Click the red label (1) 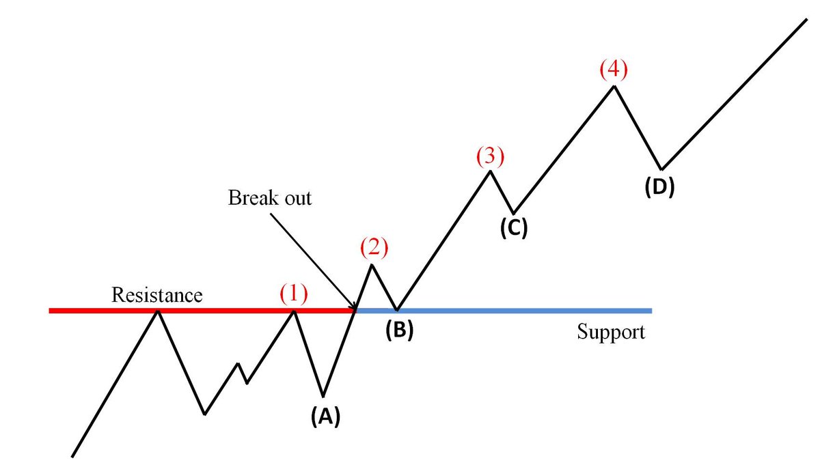[x=293, y=294]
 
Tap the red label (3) [x=489, y=156]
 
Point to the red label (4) [x=612, y=70]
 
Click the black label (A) [x=325, y=415]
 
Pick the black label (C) [x=513, y=228]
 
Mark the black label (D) [x=659, y=186]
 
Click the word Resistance [x=157, y=295]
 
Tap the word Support [x=610, y=332]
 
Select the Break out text [x=270, y=199]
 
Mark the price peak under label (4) [x=614, y=85]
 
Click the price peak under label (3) [x=490, y=171]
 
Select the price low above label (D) [x=661, y=169]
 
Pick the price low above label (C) [x=514, y=213]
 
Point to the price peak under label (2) [x=372, y=264]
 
